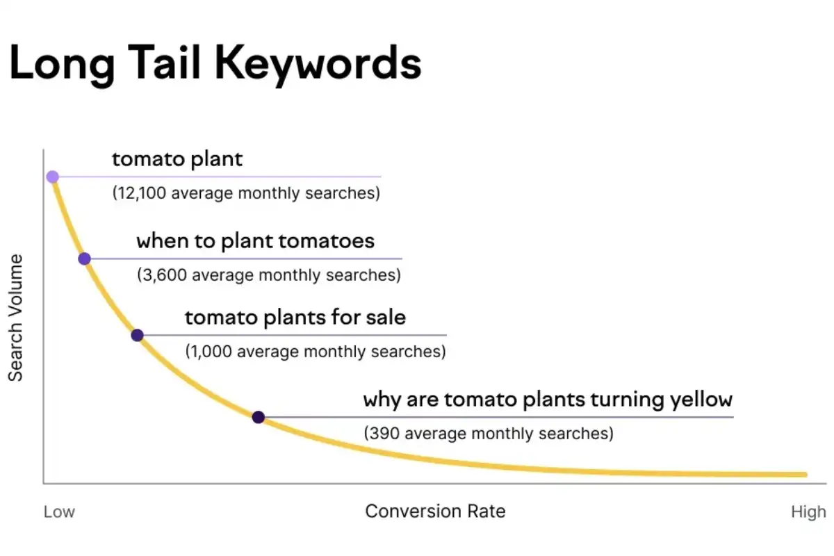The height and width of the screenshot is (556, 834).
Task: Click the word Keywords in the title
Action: (318, 64)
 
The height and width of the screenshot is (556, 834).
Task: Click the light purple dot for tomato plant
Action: (52, 177)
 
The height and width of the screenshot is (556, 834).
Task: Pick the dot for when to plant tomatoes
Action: (84, 259)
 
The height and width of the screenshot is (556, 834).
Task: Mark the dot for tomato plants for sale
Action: (137, 335)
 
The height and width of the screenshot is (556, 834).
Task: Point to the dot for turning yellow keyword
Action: (258, 417)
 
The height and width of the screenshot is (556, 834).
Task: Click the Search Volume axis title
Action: (16, 318)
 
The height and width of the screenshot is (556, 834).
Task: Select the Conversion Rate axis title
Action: (435, 512)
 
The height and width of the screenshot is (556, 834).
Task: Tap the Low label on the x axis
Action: (59, 512)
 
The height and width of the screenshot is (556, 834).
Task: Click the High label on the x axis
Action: (808, 512)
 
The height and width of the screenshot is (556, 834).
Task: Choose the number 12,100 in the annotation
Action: (142, 193)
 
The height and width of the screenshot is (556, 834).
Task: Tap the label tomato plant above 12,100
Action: (177, 159)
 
